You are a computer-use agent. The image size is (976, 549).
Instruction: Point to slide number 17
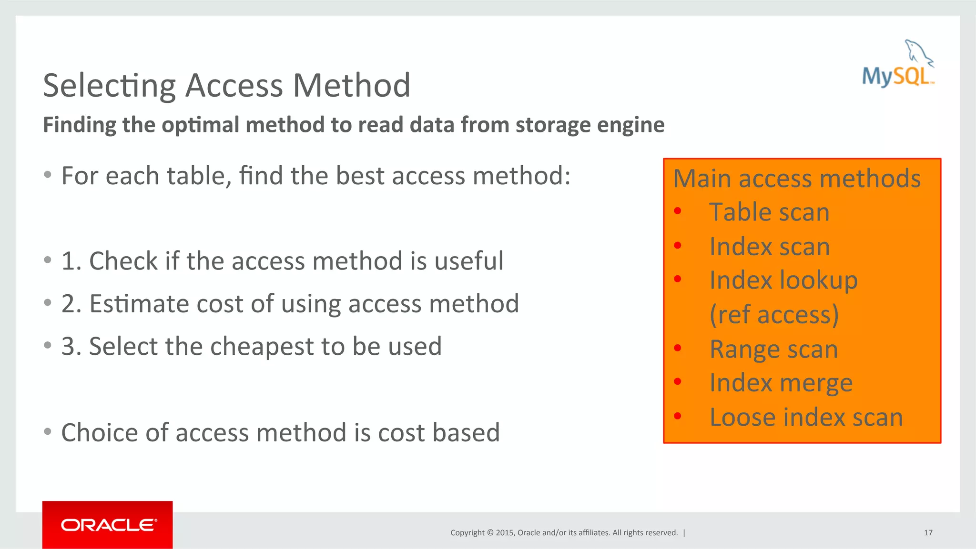pos(928,533)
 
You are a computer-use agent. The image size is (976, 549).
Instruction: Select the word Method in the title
pos(351,86)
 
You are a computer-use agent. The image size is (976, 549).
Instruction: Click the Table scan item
pos(769,212)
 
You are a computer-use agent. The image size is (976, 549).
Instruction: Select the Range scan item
pos(773,349)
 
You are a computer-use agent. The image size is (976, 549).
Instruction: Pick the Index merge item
pos(781,383)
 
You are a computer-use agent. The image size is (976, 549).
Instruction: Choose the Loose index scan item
pos(806,418)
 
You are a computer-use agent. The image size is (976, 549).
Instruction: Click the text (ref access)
pos(774,315)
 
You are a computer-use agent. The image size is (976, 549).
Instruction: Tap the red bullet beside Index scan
pos(678,246)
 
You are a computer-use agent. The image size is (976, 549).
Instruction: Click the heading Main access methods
pos(797,179)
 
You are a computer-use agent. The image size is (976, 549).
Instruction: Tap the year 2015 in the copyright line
pos(504,533)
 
